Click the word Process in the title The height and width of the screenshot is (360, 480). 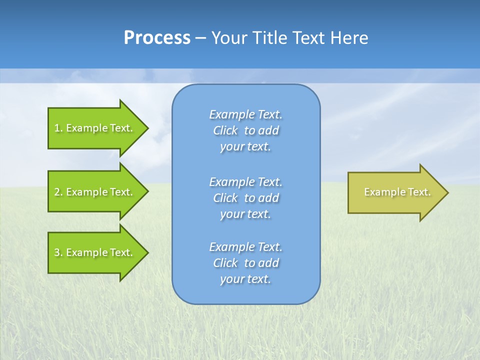pos(157,38)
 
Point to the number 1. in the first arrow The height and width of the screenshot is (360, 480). pos(58,128)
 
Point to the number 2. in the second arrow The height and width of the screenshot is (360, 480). pos(58,192)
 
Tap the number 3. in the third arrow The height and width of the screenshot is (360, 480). pos(58,252)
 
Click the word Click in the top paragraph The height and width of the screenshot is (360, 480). pos(225,131)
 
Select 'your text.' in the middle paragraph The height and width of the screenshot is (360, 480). pos(245,214)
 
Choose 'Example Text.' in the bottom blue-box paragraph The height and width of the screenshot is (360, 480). pos(245,247)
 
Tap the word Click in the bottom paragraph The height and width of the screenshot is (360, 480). pos(225,263)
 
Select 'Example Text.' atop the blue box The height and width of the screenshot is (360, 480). pos(245,114)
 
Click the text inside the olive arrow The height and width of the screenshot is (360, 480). pos(397,192)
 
